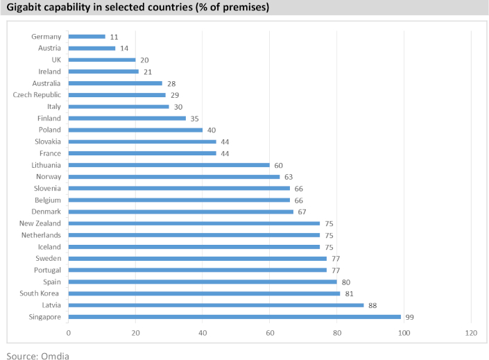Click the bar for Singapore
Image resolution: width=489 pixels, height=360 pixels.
(234, 317)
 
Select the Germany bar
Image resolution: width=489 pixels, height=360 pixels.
(87, 36)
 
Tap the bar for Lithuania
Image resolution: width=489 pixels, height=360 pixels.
(169, 165)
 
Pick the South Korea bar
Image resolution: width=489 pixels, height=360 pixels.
(204, 293)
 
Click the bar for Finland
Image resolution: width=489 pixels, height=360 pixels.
(127, 118)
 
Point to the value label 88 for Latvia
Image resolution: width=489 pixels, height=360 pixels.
(372, 305)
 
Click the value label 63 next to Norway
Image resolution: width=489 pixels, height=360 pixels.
(289, 177)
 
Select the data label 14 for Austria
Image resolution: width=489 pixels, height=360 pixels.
(124, 48)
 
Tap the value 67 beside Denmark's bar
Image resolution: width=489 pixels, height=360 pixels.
(302, 212)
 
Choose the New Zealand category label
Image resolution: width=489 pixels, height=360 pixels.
(41, 223)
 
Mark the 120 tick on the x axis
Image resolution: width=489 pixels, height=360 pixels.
(471, 333)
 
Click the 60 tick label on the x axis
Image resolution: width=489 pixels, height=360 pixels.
(270, 333)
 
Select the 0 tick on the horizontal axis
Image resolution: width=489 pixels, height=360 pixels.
(69, 333)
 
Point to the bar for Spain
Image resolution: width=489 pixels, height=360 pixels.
(203, 282)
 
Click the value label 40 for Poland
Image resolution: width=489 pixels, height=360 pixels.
(212, 130)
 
